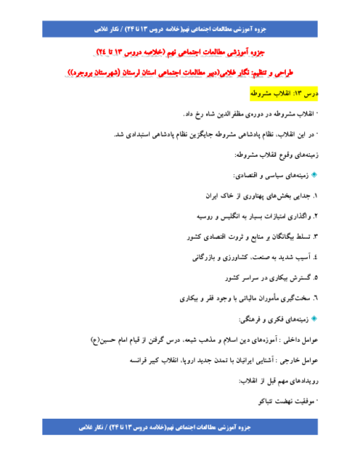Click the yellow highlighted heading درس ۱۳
pos(284,94)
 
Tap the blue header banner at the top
pos(180,29)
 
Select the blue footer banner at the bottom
pos(180,427)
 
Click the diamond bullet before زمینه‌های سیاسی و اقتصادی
pos(314,175)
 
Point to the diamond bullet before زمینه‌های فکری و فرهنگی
pos(314,319)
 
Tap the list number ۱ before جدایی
pos(315,196)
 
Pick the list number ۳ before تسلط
pos(315,237)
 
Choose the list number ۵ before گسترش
pos(316,278)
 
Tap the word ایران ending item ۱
pos(211,196)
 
